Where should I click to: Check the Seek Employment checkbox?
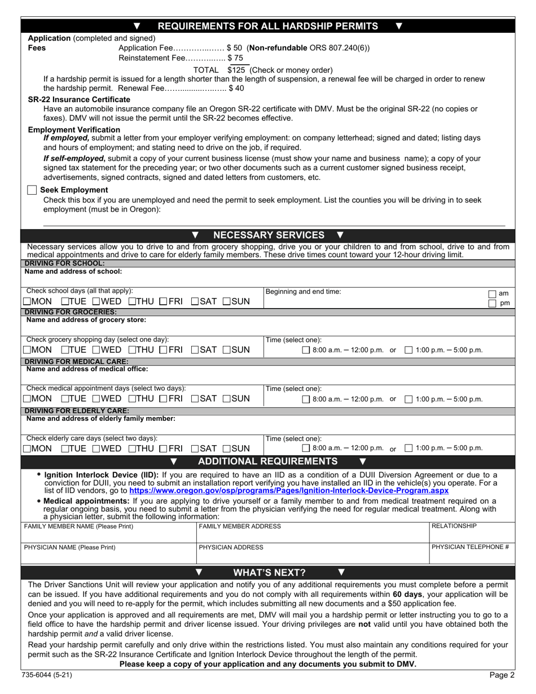tap(32, 190)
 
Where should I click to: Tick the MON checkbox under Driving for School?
tap(27, 302)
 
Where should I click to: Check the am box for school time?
tap(492, 294)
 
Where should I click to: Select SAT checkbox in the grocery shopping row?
tap(195, 350)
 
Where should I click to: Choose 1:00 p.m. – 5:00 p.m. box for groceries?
tap(409, 350)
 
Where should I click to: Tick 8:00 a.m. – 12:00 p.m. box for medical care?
tap(306, 399)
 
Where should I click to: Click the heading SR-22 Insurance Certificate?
tap(79, 99)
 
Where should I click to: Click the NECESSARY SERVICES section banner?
tap(268, 235)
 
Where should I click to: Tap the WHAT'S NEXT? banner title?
tap(269, 573)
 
